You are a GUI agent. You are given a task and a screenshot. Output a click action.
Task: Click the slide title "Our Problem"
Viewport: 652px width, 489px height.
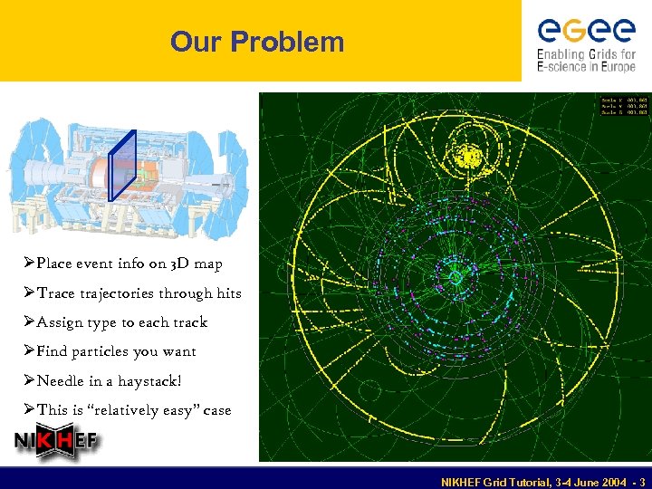[x=257, y=42]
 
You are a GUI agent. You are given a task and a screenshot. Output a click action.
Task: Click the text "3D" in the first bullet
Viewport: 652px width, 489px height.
[x=165, y=264]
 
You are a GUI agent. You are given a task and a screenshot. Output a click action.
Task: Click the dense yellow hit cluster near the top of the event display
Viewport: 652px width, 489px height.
[x=470, y=157]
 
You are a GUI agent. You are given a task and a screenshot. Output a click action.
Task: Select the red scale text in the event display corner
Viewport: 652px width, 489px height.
[x=623, y=105]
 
